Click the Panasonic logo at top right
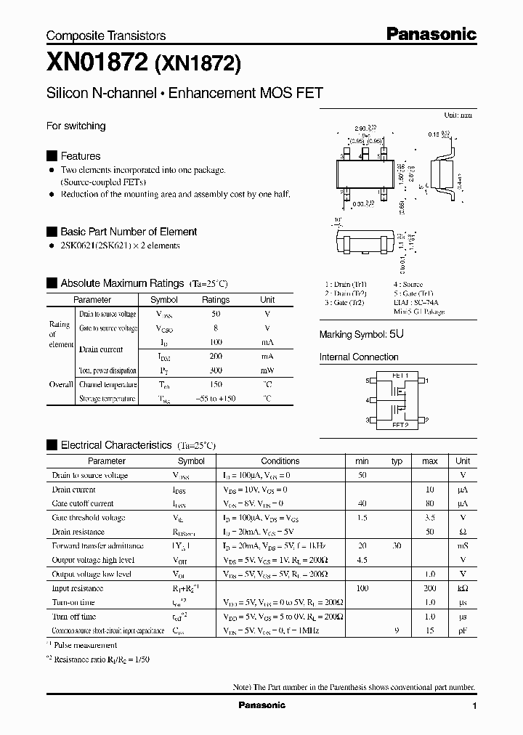pyautogui.click(x=430, y=33)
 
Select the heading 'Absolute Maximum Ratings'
pyautogui.click(x=122, y=283)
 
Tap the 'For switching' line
pyautogui.click(x=76, y=126)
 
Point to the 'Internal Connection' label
pyautogui.click(x=359, y=357)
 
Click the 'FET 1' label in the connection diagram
pyautogui.click(x=400, y=375)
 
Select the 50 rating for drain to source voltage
pyautogui.click(x=215, y=314)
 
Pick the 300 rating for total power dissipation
pyautogui.click(x=215, y=370)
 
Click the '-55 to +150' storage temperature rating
pyautogui.click(x=215, y=399)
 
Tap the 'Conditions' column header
pyautogui.click(x=280, y=460)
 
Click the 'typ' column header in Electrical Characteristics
pyautogui.click(x=397, y=460)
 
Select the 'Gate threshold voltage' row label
pyautogui.click(x=89, y=518)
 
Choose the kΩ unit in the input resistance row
pyautogui.click(x=462, y=588)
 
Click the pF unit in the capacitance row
pyautogui.click(x=462, y=630)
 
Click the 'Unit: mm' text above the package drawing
pyautogui.click(x=458, y=115)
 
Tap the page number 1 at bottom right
pyautogui.click(x=474, y=706)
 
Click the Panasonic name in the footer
pyautogui.click(x=261, y=705)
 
